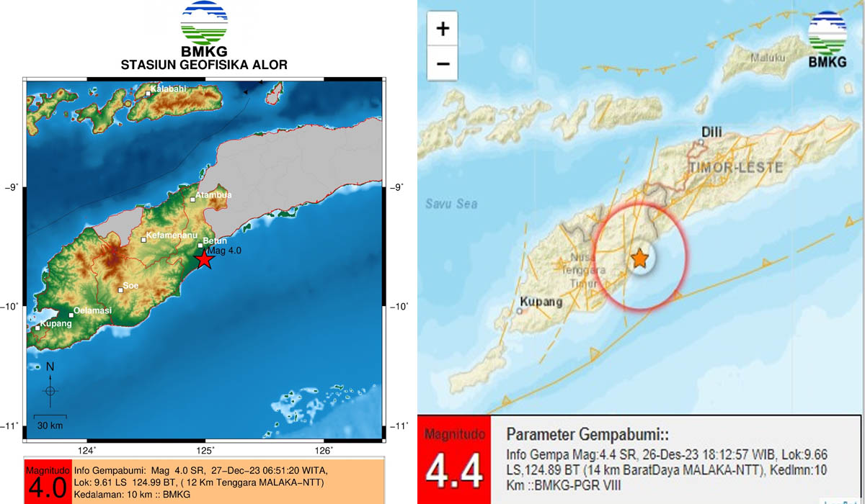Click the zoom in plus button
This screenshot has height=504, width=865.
coord(443,29)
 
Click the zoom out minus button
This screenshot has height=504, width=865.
coord(443,64)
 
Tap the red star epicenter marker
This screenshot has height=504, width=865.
coord(204,259)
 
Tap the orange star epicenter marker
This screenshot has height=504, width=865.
coord(639,258)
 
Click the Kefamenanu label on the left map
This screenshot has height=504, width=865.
coord(167,235)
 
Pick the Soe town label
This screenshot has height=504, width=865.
coord(131,285)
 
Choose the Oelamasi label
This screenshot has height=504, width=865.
coord(92,310)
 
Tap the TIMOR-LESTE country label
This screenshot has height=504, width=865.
coord(725,167)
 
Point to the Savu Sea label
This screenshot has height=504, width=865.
coord(451,204)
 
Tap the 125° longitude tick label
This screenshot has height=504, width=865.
coord(206,451)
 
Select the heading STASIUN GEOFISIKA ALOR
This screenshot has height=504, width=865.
coord(204,65)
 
